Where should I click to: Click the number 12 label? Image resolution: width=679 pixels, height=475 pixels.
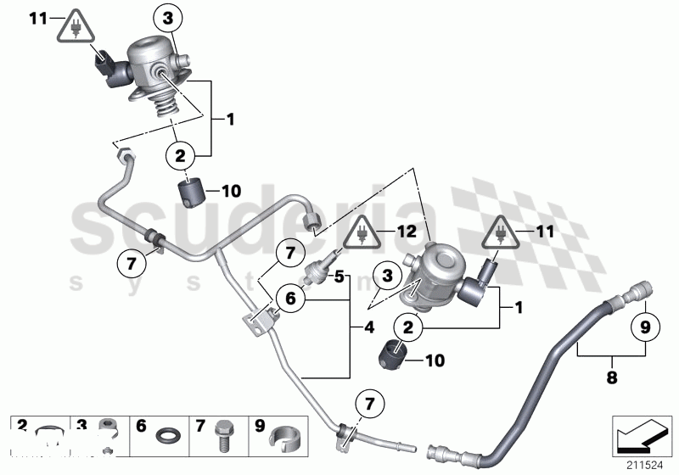click(407, 231)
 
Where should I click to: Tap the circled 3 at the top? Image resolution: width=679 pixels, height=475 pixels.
click(168, 17)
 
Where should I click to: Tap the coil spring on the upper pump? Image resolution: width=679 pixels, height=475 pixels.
click(161, 103)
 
